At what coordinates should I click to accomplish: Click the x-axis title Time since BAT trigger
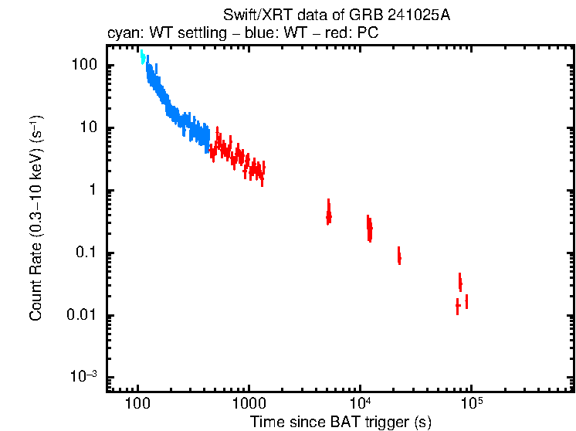(x=341, y=422)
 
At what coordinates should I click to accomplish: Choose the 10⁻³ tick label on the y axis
(x=83, y=377)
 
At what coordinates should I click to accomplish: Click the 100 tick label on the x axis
(x=137, y=404)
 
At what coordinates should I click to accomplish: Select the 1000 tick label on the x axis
(x=249, y=404)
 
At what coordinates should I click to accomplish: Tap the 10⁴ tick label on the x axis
(x=359, y=402)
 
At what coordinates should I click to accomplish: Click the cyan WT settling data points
(x=142, y=56)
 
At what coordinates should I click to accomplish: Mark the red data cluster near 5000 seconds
(x=329, y=212)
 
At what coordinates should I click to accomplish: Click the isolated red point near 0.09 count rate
(x=399, y=256)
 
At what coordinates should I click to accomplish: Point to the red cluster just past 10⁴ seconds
(x=370, y=228)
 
